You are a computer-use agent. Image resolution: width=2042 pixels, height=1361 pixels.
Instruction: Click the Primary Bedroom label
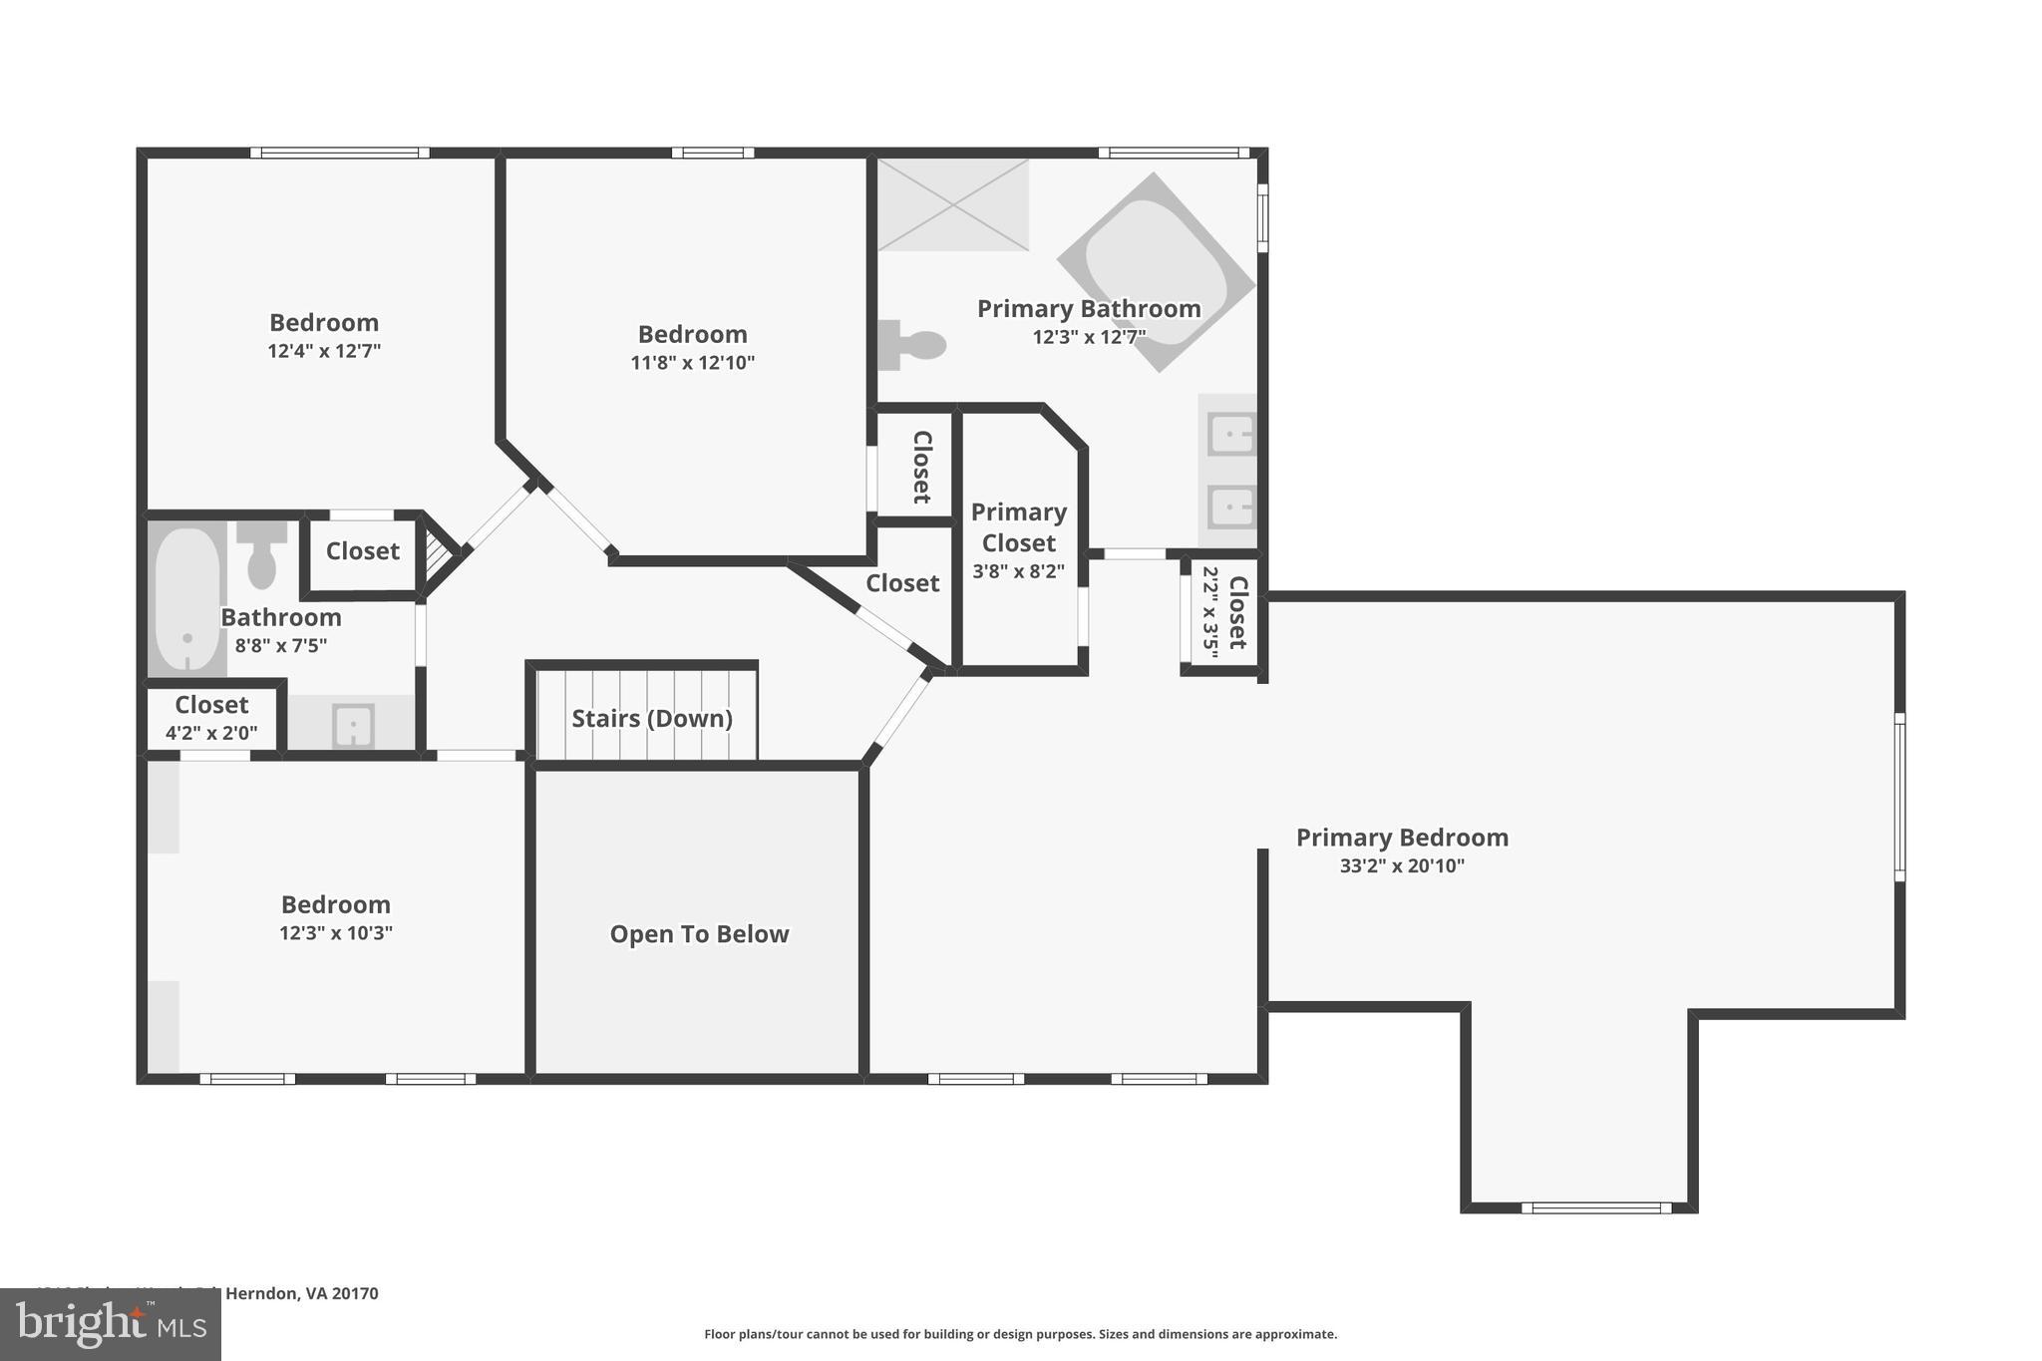coord(1401,838)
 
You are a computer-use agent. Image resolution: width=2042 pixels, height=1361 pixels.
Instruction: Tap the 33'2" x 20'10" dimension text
coord(1401,865)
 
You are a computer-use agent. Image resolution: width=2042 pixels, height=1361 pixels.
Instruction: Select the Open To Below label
coord(699,934)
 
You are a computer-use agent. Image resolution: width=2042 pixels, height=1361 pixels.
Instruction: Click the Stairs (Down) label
coord(651,718)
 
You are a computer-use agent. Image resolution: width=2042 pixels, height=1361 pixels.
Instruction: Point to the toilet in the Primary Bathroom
coord(912,345)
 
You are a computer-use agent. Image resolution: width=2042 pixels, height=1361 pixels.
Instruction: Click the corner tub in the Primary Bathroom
coord(1157,271)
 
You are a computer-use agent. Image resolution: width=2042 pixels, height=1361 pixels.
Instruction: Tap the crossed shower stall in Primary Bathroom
coord(952,204)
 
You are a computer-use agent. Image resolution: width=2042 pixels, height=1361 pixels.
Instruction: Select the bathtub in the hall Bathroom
coord(186,598)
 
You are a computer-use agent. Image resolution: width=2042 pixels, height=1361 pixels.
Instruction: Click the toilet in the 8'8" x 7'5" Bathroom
coord(262,554)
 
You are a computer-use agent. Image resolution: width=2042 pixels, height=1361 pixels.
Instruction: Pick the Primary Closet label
coord(1018,527)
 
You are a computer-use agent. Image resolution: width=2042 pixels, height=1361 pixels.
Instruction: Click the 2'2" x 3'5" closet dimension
coord(1210,612)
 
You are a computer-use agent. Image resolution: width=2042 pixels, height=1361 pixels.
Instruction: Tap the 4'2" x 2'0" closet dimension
coord(211,733)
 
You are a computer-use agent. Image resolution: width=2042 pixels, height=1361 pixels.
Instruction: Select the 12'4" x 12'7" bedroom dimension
coord(324,351)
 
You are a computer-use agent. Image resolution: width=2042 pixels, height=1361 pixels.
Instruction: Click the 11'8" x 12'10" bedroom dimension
coord(692,363)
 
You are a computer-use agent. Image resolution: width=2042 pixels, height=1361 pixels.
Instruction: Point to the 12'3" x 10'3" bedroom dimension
coord(336,933)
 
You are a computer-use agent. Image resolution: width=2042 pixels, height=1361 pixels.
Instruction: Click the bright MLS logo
coord(110,1324)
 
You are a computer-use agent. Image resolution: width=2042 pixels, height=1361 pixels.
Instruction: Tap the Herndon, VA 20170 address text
coord(301,1293)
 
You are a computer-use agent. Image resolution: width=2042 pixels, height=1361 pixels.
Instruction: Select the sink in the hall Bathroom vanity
coord(353,725)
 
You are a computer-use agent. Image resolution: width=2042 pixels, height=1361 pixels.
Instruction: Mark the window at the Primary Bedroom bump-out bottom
coord(1595,1207)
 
